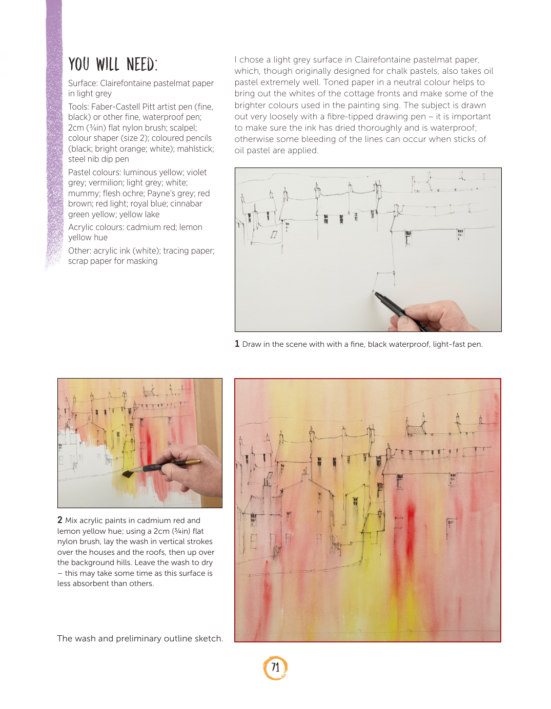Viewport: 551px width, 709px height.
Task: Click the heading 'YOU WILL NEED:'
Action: (x=113, y=65)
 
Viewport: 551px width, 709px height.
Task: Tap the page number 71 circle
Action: (x=275, y=668)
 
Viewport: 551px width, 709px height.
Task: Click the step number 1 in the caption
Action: (x=237, y=344)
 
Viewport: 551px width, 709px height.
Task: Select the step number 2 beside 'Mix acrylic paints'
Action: (x=60, y=520)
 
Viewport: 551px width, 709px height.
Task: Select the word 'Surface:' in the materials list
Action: (x=83, y=83)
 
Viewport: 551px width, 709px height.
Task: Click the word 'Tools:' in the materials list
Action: (x=78, y=107)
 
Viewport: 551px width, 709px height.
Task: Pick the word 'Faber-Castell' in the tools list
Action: (x=115, y=107)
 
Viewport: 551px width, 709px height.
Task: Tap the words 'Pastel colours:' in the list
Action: (x=94, y=172)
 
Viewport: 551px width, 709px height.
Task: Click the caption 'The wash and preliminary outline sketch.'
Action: (x=140, y=638)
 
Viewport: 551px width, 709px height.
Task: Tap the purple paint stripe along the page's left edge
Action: (x=53, y=128)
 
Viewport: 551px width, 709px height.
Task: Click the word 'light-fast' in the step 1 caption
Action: (x=448, y=344)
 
